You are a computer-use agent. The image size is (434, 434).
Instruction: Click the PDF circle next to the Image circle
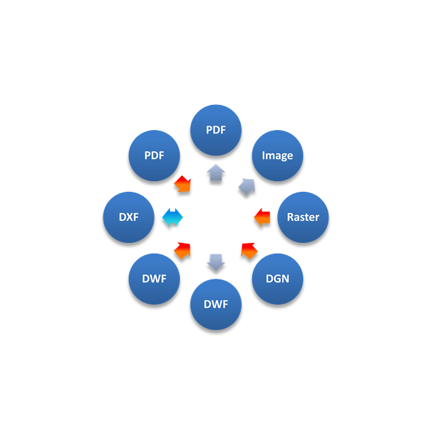click(x=216, y=130)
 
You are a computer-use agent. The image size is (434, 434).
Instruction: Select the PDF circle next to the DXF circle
click(x=154, y=155)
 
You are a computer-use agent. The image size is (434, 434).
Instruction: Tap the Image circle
click(x=277, y=155)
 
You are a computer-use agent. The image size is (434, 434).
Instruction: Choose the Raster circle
click(x=303, y=217)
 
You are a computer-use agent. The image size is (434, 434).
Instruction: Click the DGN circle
click(x=277, y=279)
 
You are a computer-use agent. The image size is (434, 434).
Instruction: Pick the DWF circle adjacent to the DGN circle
click(x=216, y=305)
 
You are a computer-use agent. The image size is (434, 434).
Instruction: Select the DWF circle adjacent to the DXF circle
click(x=154, y=279)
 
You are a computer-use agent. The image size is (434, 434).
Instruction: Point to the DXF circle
click(x=129, y=217)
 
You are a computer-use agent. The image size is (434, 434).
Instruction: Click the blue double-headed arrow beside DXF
click(x=173, y=217)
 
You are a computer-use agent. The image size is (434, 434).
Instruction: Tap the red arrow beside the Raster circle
click(x=262, y=217)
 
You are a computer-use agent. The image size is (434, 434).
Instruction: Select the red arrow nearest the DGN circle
click(x=249, y=250)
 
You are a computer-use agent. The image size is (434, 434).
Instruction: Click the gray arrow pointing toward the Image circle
click(x=247, y=186)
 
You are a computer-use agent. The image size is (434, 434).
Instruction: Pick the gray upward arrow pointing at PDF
click(x=216, y=173)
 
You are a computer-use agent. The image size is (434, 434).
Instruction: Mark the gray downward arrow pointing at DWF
click(x=216, y=262)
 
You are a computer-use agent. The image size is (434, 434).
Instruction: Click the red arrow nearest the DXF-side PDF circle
click(x=182, y=184)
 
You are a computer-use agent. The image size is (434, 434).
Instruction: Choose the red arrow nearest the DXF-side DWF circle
click(x=182, y=250)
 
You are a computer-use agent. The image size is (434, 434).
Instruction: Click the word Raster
click(x=303, y=217)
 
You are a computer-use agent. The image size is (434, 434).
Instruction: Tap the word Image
click(x=277, y=156)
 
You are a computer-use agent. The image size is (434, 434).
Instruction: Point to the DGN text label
click(x=277, y=279)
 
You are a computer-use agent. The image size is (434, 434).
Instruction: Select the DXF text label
click(x=129, y=217)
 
